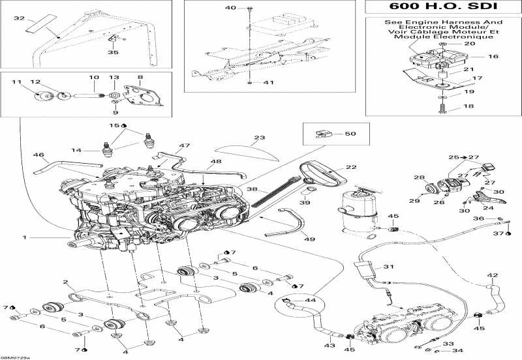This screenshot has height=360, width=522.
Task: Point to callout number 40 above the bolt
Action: (x=230, y=8)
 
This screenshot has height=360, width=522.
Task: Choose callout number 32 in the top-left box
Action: (x=18, y=18)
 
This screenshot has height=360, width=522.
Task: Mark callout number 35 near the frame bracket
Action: (x=113, y=52)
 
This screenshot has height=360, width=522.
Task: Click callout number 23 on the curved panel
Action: (x=260, y=138)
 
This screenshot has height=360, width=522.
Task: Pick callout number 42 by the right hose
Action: (x=493, y=276)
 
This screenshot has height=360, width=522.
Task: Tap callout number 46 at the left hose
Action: (x=38, y=155)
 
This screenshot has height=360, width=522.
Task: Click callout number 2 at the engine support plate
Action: (x=65, y=282)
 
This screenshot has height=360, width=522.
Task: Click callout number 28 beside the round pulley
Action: (x=418, y=177)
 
